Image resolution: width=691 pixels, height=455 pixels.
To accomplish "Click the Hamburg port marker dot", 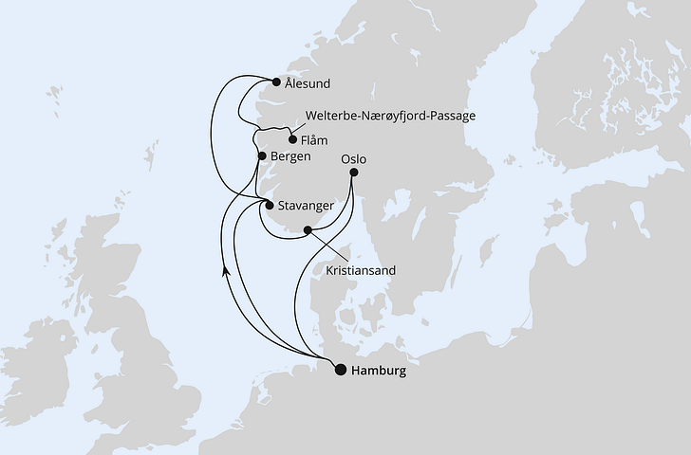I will [x=340, y=371].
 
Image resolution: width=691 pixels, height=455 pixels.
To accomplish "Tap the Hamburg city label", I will [x=379, y=372].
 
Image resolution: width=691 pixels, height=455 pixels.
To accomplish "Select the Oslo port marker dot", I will [x=354, y=173].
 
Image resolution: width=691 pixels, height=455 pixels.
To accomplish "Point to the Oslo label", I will [x=352, y=159].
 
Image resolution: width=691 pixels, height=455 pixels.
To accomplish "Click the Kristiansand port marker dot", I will [x=307, y=230].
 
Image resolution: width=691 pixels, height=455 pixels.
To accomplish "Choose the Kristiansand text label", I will [x=361, y=270].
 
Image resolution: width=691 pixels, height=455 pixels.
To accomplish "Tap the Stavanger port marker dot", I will [x=270, y=205].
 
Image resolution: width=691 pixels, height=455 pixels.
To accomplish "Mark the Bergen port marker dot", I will [x=261, y=156].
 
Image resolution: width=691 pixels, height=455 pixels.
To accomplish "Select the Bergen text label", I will [x=292, y=156].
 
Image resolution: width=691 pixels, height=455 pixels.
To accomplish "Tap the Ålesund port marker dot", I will [x=276, y=82].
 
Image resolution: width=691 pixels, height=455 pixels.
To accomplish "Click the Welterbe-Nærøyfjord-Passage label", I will [x=389, y=116].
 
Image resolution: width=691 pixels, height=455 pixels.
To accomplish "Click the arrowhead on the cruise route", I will [x=225, y=271].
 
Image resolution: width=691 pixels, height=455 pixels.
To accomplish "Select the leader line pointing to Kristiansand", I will [x=327, y=248].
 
